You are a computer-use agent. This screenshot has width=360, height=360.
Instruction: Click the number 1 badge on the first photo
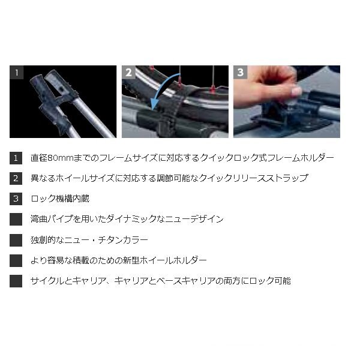coord(17,73)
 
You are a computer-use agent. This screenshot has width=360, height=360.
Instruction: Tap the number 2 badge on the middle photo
coord(128,73)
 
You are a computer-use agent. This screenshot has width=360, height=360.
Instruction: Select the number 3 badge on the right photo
coord(241,73)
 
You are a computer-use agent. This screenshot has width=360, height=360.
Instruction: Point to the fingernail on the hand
coord(296,91)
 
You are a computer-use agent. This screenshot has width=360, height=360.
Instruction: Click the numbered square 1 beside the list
coord(16,158)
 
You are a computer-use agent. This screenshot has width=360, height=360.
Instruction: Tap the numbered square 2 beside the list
coord(16,178)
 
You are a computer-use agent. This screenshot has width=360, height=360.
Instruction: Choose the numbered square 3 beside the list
coord(16,199)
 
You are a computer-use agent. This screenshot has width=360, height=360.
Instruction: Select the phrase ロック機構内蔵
coord(60,199)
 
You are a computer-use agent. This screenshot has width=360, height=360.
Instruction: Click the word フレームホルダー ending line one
coord(301,158)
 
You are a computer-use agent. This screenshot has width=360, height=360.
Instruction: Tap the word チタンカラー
coord(123,240)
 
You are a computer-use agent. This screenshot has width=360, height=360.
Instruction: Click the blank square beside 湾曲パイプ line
coord(16,219)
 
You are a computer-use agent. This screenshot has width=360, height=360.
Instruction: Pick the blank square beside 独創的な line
coord(16,240)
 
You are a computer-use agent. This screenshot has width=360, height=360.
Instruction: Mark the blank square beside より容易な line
coord(16,260)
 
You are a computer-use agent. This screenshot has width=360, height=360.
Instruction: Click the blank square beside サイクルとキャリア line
coord(16,281)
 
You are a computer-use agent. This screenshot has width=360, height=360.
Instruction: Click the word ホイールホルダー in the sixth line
coord(173,260)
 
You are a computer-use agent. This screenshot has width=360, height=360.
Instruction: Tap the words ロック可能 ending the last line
coord(270,281)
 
